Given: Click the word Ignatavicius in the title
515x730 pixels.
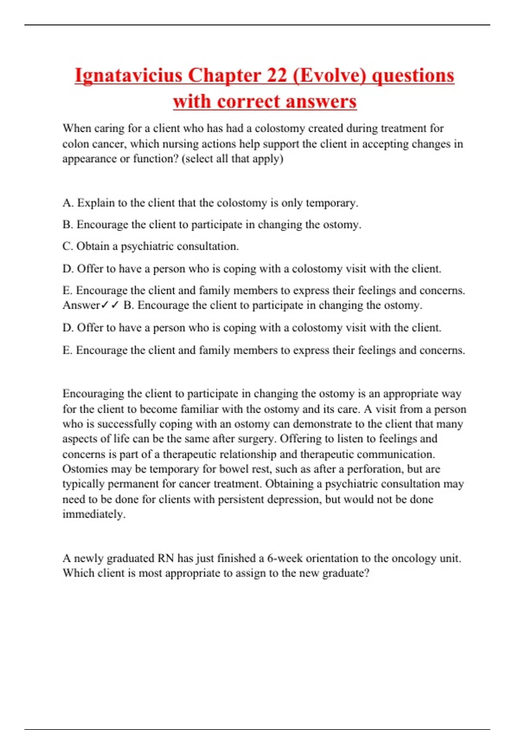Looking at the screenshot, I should click(x=128, y=76).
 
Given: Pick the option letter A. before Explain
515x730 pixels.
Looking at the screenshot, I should click(x=68, y=203).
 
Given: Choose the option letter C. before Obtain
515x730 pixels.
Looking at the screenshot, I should click(x=68, y=246).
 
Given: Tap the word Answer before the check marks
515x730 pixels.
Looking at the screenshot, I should click(x=81, y=305).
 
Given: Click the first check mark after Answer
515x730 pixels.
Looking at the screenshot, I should click(x=105, y=305).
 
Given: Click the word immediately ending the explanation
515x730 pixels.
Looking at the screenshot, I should click(x=94, y=514).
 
